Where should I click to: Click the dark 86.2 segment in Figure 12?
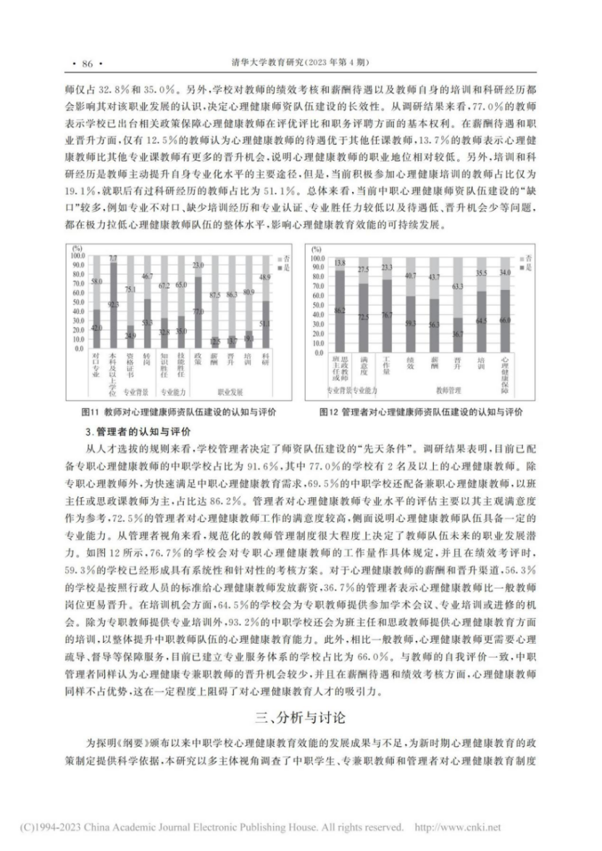[x=338, y=311]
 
